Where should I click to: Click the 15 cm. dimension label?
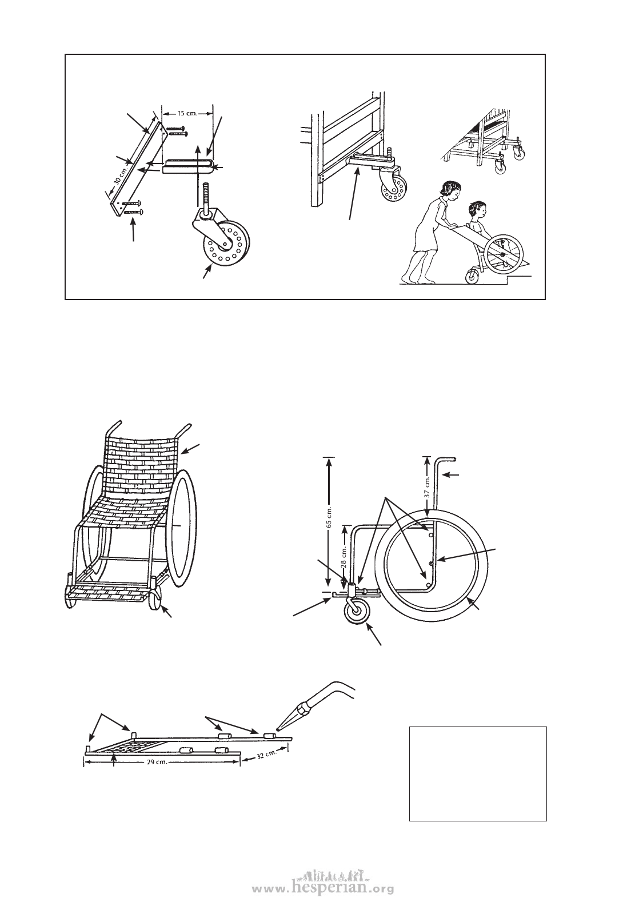coord(187,113)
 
